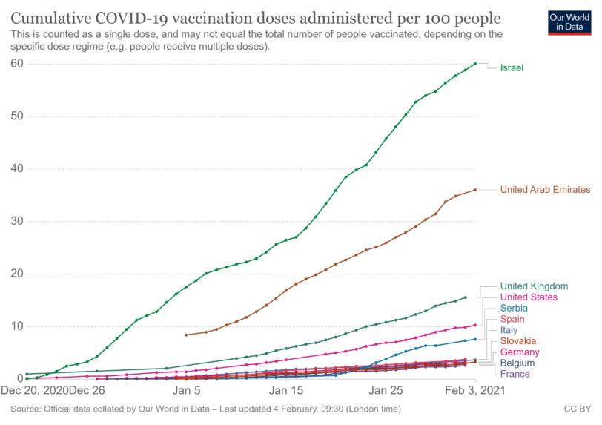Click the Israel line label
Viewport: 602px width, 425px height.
coord(512,68)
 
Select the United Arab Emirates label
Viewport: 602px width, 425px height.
coord(545,190)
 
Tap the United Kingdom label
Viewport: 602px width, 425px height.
coord(534,286)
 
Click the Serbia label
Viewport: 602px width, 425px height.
coord(515,308)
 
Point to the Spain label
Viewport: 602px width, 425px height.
coord(513,319)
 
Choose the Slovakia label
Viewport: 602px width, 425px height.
coord(519,340)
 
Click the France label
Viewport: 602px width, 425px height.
coord(515,374)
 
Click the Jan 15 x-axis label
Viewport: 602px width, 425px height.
coord(287,389)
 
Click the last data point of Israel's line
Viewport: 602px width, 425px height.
coord(475,64)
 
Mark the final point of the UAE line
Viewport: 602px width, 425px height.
coord(475,190)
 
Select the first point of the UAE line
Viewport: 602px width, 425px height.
coord(186,335)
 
